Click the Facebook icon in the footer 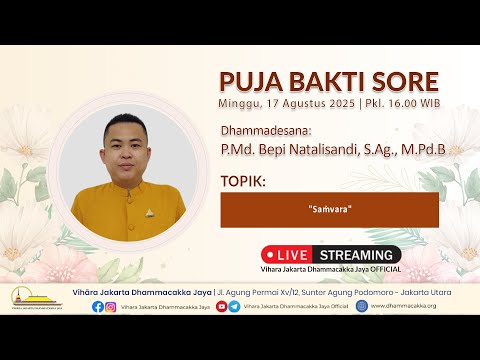click(97, 306)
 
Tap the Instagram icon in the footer click(110, 306)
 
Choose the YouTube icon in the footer click(221, 306)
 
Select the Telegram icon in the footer click(234, 306)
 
